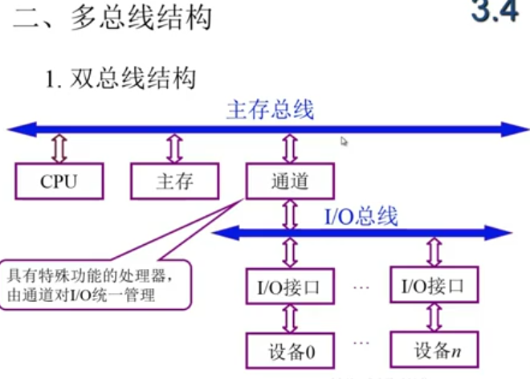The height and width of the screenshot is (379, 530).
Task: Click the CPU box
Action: pyautogui.click(x=59, y=181)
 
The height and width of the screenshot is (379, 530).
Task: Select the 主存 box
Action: pyautogui.click(x=174, y=181)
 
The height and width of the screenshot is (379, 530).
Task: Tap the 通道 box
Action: pyautogui.click(x=289, y=181)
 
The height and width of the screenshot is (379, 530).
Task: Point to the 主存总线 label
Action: pyautogui.click(x=270, y=110)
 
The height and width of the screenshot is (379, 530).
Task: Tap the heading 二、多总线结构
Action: pyautogui.click(x=112, y=18)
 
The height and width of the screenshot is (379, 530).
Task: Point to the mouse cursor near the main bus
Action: pyautogui.click(x=344, y=141)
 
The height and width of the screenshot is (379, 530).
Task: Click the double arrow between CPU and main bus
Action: pyautogui.click(x=58, y=148)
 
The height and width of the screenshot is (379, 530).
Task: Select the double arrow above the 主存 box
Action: pyautogui.click(x=174, y=148)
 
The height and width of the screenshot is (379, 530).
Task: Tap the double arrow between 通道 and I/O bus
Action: pyautogui.click(x=289, y=213)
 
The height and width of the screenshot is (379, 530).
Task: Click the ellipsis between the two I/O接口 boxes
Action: pyautogui.click(x=362, y=285)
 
